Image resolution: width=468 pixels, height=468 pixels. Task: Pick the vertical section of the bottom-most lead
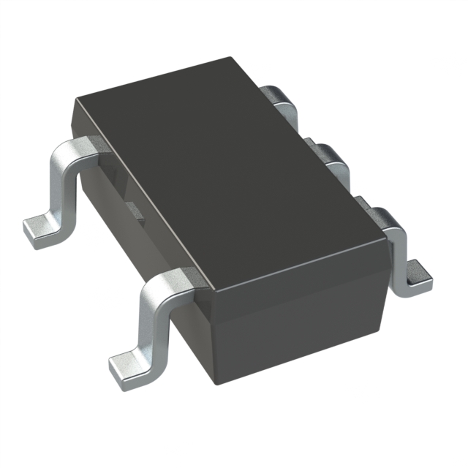[150, 322]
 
